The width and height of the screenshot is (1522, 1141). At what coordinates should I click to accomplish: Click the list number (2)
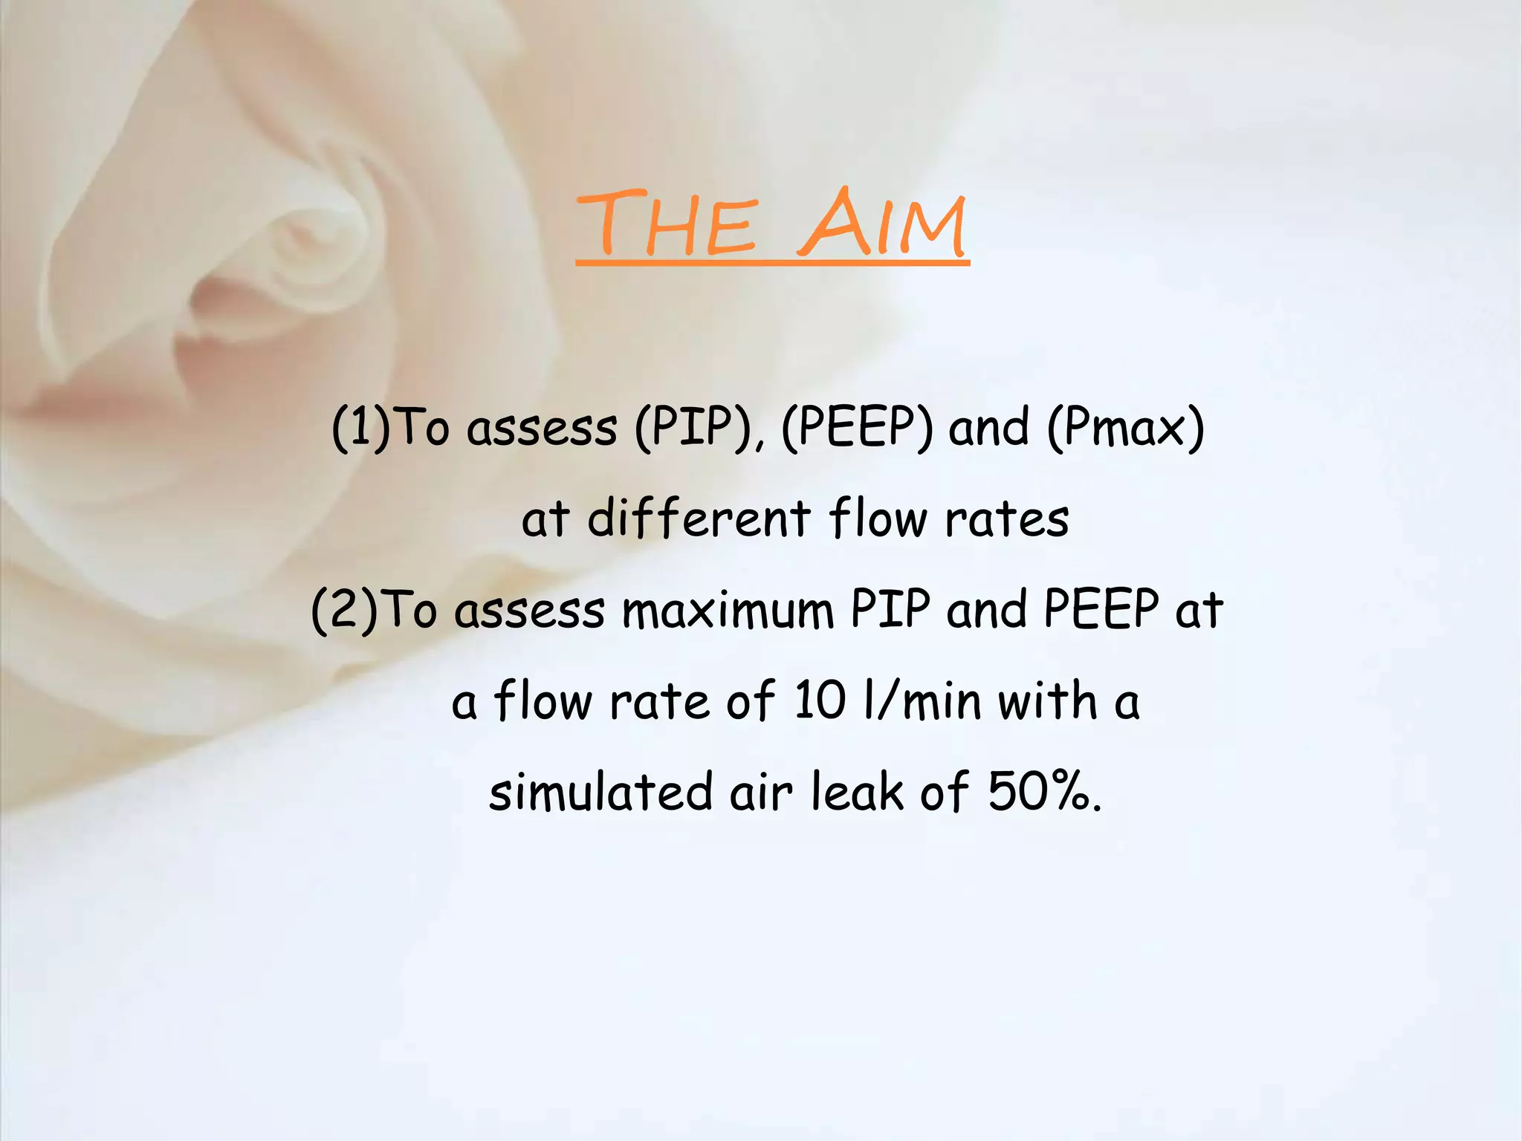click(345, 610)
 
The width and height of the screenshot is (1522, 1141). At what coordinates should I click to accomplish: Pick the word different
click(699, 518)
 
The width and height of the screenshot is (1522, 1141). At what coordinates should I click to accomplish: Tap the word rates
click(1007, 519)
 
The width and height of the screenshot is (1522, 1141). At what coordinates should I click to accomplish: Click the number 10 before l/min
click(820, 700)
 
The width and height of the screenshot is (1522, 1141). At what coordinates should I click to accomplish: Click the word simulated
click(600, 791)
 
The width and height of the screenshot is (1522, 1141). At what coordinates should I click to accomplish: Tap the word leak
click(857, 791)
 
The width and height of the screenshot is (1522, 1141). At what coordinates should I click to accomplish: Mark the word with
click(1048, 700)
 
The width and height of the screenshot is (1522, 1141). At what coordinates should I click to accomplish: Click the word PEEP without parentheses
click(1101, 610)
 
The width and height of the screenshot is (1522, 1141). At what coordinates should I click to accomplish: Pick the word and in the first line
click(989, 429)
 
